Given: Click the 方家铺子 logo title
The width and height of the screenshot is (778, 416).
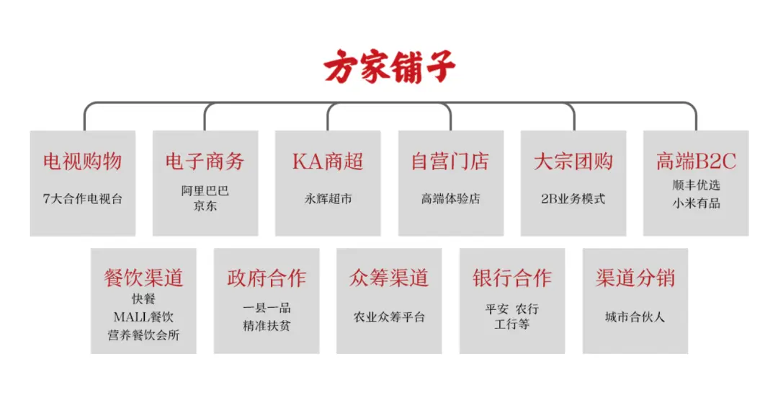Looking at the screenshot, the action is [390, 66].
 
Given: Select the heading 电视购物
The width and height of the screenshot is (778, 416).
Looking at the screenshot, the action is [82, 161].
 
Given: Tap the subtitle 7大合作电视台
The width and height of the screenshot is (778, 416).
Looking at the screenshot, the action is [82, 199].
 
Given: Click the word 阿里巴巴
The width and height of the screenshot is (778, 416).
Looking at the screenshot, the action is [205, 190].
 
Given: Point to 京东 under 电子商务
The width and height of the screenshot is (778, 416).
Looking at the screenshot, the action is [205, 206].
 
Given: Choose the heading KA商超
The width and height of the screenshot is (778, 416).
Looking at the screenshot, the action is [328, 161].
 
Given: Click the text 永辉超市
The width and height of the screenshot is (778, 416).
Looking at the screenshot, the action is [328, 199].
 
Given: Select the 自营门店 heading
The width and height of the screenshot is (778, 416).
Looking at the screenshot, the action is [450, 161].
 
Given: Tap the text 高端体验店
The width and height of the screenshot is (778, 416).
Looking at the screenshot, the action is [450, 199].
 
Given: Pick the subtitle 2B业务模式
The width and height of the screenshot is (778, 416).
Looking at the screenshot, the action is [573, 199].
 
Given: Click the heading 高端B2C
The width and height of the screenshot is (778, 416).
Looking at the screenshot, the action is [696, 161].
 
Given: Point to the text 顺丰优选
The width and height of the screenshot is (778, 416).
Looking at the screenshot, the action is [696, 185].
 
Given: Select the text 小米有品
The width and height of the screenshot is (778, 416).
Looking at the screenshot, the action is [696, 203].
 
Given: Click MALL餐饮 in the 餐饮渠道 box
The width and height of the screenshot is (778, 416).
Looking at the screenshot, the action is [143, 317].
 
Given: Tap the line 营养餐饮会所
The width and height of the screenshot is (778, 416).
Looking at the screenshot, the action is [143, 335].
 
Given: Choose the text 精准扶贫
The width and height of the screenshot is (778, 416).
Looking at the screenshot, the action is [267, 326].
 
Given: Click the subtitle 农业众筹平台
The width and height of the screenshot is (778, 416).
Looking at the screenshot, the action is [389, 317].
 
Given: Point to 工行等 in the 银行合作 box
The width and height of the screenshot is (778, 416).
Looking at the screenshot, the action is [512, 324].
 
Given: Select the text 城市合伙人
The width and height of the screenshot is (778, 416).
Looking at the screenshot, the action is [635, 317].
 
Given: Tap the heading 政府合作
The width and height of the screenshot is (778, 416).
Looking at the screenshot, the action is [267, 278].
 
